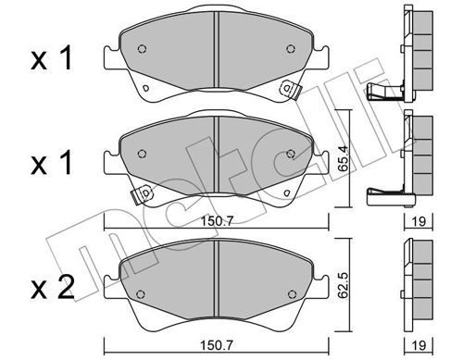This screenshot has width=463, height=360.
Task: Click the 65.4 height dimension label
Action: coord(343,158)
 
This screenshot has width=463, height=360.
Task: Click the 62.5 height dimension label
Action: coord(343,285)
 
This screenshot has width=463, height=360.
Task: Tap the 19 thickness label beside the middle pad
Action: coord(419,221)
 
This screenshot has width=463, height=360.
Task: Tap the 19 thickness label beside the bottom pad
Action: coord(419,344)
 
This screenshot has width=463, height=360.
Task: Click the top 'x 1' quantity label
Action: coord(52,58)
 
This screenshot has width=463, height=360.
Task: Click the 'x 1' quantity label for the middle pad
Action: coord(52,163)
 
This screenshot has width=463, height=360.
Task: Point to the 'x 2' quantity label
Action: coord(53,287)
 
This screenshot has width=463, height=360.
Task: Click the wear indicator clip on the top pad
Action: coord(290,89)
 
